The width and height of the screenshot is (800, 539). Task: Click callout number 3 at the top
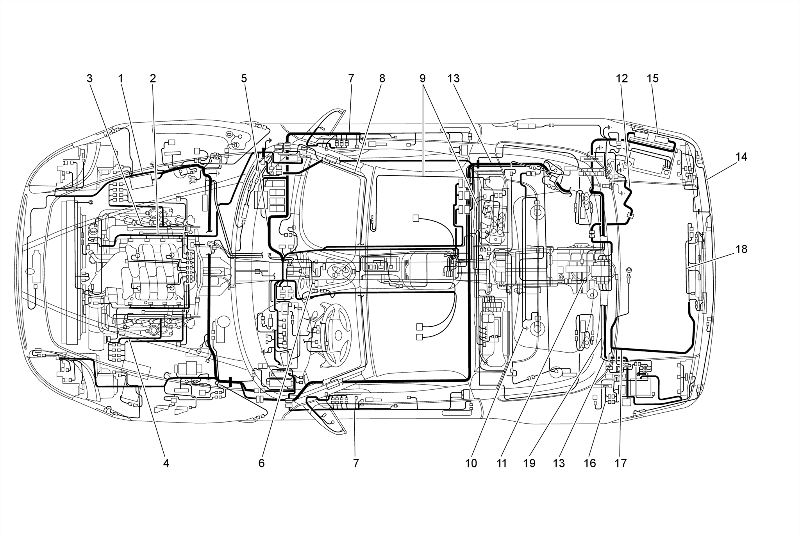89,79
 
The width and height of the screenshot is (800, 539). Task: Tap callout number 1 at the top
121,79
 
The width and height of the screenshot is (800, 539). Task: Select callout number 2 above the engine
153,79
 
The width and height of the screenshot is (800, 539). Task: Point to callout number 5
244,79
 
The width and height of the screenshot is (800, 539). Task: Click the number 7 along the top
351,79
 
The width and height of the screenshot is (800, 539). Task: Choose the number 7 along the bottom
355,463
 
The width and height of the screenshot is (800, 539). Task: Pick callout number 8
382,79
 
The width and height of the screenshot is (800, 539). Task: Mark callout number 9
422,79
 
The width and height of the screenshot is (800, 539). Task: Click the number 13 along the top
454,79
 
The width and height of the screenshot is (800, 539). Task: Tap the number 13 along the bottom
559,463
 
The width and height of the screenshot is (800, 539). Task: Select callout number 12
622,79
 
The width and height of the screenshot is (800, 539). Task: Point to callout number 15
652,79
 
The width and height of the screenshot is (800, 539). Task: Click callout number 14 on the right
741,157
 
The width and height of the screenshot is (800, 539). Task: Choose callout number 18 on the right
741,249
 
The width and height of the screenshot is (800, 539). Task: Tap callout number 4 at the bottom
166,463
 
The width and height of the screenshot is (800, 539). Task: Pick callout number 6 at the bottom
261,463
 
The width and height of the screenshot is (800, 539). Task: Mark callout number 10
471,463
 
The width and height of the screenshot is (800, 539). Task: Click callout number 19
529,463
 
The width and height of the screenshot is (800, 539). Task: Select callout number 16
590,463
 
